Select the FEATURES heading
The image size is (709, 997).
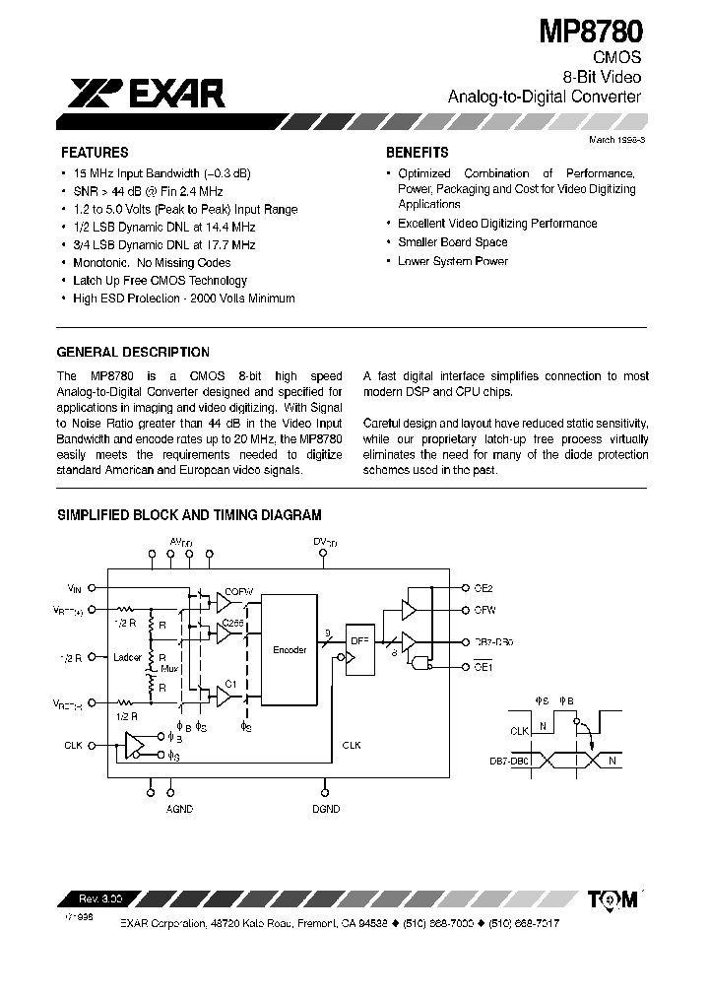95,153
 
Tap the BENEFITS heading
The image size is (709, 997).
417,153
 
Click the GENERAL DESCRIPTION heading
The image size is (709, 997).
133,352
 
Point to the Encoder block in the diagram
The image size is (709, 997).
290,650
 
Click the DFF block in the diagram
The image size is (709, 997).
358,640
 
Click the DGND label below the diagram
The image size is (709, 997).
326,809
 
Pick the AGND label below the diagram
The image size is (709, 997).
180,809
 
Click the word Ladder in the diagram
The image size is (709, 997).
128,657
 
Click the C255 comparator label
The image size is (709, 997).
232,623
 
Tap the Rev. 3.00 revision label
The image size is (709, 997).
97,898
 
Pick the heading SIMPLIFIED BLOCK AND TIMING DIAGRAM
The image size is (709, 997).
189,514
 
